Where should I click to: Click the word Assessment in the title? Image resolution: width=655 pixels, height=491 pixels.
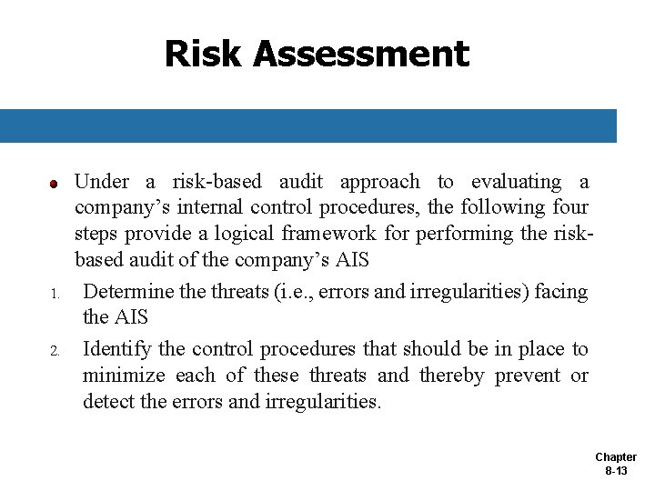[x=361, y=54]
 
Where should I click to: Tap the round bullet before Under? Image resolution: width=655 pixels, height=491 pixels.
[x=54, y=184]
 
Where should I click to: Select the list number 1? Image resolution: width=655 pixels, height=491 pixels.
[x=54, y=294]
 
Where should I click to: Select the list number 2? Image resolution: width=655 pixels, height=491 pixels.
[x=54, y=351]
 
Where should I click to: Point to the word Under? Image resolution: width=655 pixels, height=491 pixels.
[x=102, y=182]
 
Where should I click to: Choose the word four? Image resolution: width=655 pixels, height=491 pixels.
[x=569, y=208]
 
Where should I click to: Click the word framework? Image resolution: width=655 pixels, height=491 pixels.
[x=325, y=234]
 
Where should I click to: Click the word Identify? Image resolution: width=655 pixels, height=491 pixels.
[x=117, y=349]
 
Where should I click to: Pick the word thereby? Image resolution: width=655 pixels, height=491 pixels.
[x=452, y=376]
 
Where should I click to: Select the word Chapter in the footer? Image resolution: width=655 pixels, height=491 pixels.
[x=616, y=457]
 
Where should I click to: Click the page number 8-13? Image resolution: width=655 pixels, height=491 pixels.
[x=616, y=471]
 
